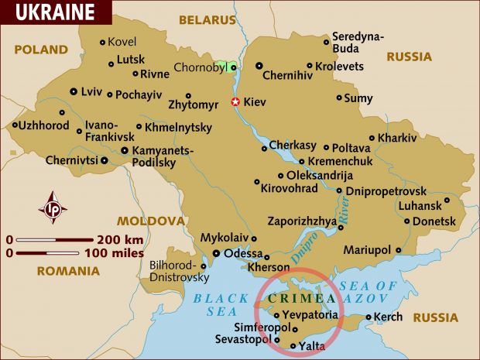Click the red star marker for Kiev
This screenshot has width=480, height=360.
coord(236,101)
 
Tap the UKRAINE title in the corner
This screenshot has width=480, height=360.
coord(55,12)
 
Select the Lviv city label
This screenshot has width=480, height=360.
coord(91,91)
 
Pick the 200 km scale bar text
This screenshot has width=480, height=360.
coord(120,238)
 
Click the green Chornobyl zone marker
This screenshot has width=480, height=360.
coord(226,68)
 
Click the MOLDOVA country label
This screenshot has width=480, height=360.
coord(151,221)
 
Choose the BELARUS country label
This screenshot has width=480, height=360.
coord(207,20)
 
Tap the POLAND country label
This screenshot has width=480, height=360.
coord(41,50)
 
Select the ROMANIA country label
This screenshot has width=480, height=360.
coord(68,271)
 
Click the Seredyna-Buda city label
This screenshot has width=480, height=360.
coord(358,42)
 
